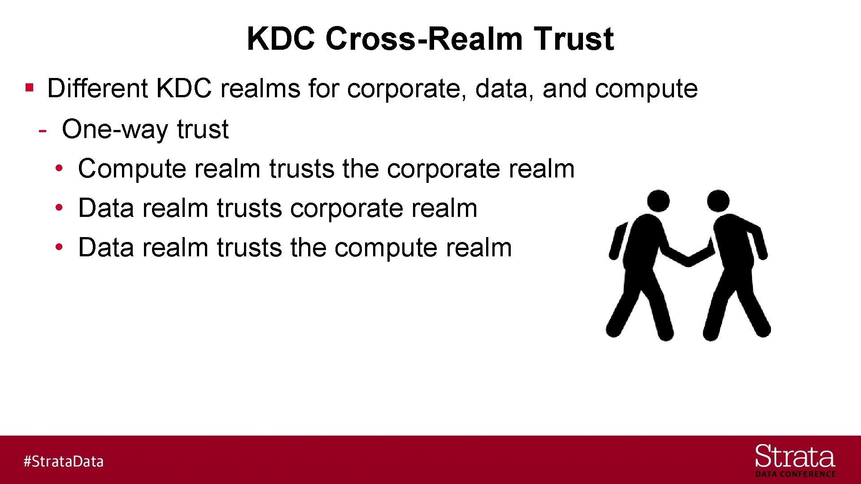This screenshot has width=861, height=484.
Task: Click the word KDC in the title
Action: coord(281,39)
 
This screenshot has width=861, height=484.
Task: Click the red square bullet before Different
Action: coord(30,87)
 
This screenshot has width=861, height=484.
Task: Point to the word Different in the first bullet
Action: coord(97,88)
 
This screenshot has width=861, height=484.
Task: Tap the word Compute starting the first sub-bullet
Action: coord(132,169)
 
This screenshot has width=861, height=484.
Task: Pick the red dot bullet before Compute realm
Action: coord(59,169)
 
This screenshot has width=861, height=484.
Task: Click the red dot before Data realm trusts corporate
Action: coord(59,208)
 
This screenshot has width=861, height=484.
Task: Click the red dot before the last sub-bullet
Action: coord(59,247)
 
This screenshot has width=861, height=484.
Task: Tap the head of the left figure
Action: coord(658,201)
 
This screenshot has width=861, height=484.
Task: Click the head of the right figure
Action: coord(718,201)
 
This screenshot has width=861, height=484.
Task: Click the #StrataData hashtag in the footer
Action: coord(64,461)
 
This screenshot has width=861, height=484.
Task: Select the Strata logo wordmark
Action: coord(795,457)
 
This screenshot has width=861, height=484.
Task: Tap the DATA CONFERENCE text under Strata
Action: coord(795,474)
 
